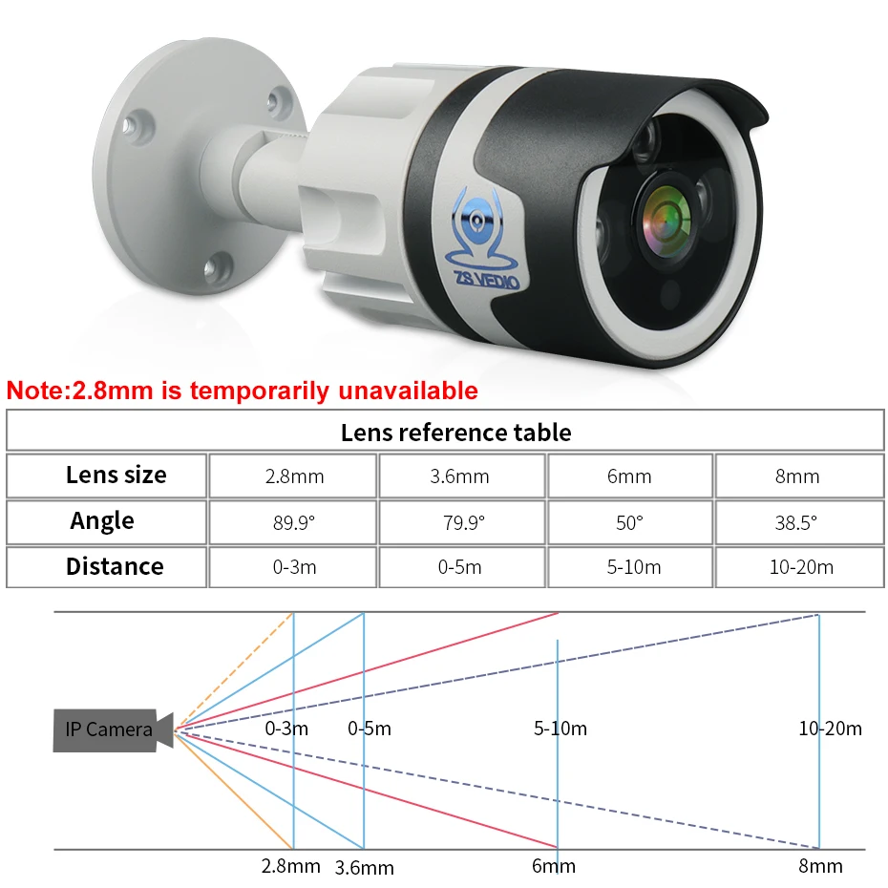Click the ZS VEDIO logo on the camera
pyautogui.click(x=483, y=240)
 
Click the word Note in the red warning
pyautogui.click(x=36, y=391)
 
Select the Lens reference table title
pyautogui.click(x=455, y=433)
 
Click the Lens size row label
pyautogui.click(x=116, y=475)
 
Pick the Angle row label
pyautogui.click(x=102, y=521)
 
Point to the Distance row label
pyautogui.click(x=115, y=566)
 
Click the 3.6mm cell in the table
pyautogui.click(x=459, y=476)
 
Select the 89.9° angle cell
pyautogui.click(x=294, y=522)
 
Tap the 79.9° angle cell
pyautogui.click(x=464, y=522)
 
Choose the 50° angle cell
pyautogui.click(x=629, y=522)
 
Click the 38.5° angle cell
pyautogui.click(x=795, y=522)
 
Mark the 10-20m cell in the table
pyautogui.click(x=801, y=567)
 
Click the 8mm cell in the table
pyautogui.click(x=797, y=476)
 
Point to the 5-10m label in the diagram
pyautogui.click(x=560, y=729)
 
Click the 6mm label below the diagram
pyautogui.click(x=553, y=866)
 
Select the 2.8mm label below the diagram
pyautogui.click(x=290, y=866)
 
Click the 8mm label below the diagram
pyautogui.click(x=820, y=866)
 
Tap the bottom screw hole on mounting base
pyautogui.click(x=218, y=266)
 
